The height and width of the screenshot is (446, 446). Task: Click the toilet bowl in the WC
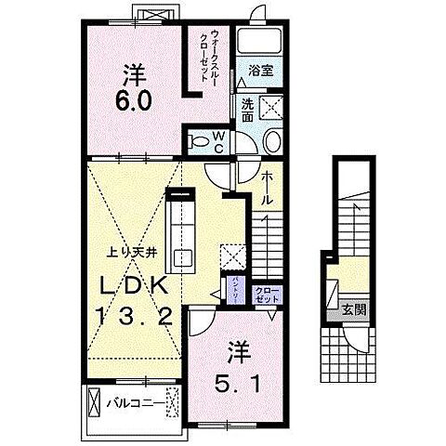(x=199, y=141)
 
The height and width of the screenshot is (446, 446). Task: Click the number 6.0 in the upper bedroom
(x=132, y=85)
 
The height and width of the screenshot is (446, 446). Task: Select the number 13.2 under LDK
(x=132, y=318)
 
